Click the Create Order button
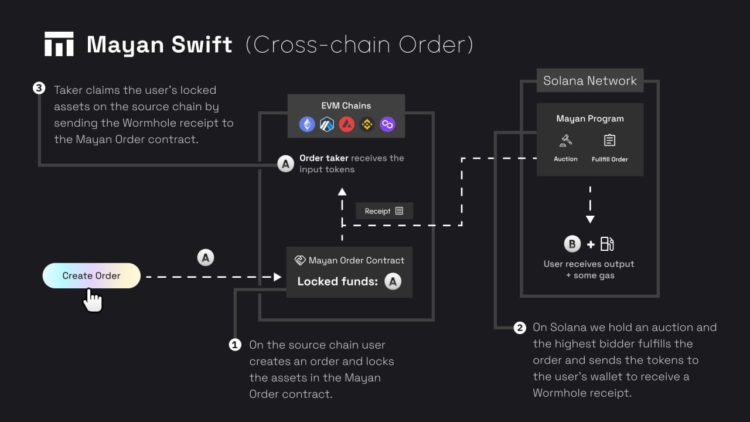click(x=91, y=275)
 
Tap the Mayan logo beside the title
click(x=59, y=44)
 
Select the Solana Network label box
click(x=589, y=81)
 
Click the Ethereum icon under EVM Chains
click(x=307, y=124)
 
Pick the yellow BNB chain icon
click(x=367, y=124)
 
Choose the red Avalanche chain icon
click(x=347, y=124)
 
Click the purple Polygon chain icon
click(x=387, y=124)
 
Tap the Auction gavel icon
click(x=565, y=141)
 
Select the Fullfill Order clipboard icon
click(x=609, y=141)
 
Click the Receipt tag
click(x=384, y=211)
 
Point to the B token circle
click(x=572, y=244)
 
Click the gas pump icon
click(x=607, y=244)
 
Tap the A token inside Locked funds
click(x=393, y=281)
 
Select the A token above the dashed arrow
click(x=205, y=257)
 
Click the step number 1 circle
click(x=235, y=345)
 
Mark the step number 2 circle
click(x=520, y=328)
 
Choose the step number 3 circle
click(x=39, y=89)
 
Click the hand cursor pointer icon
click(x=93, y=300)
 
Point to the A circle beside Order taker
click(x=285, y=164)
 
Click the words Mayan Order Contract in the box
click(x=356, y=260)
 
